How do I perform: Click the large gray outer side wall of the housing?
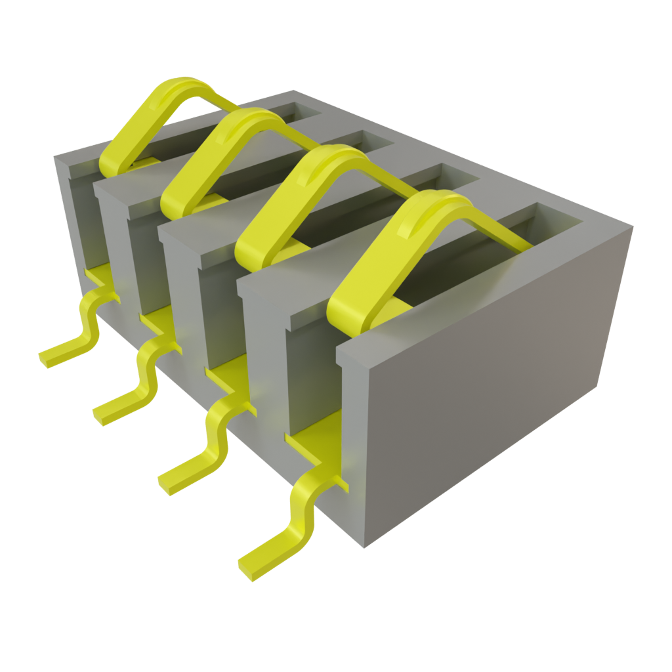coord(486,367)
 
